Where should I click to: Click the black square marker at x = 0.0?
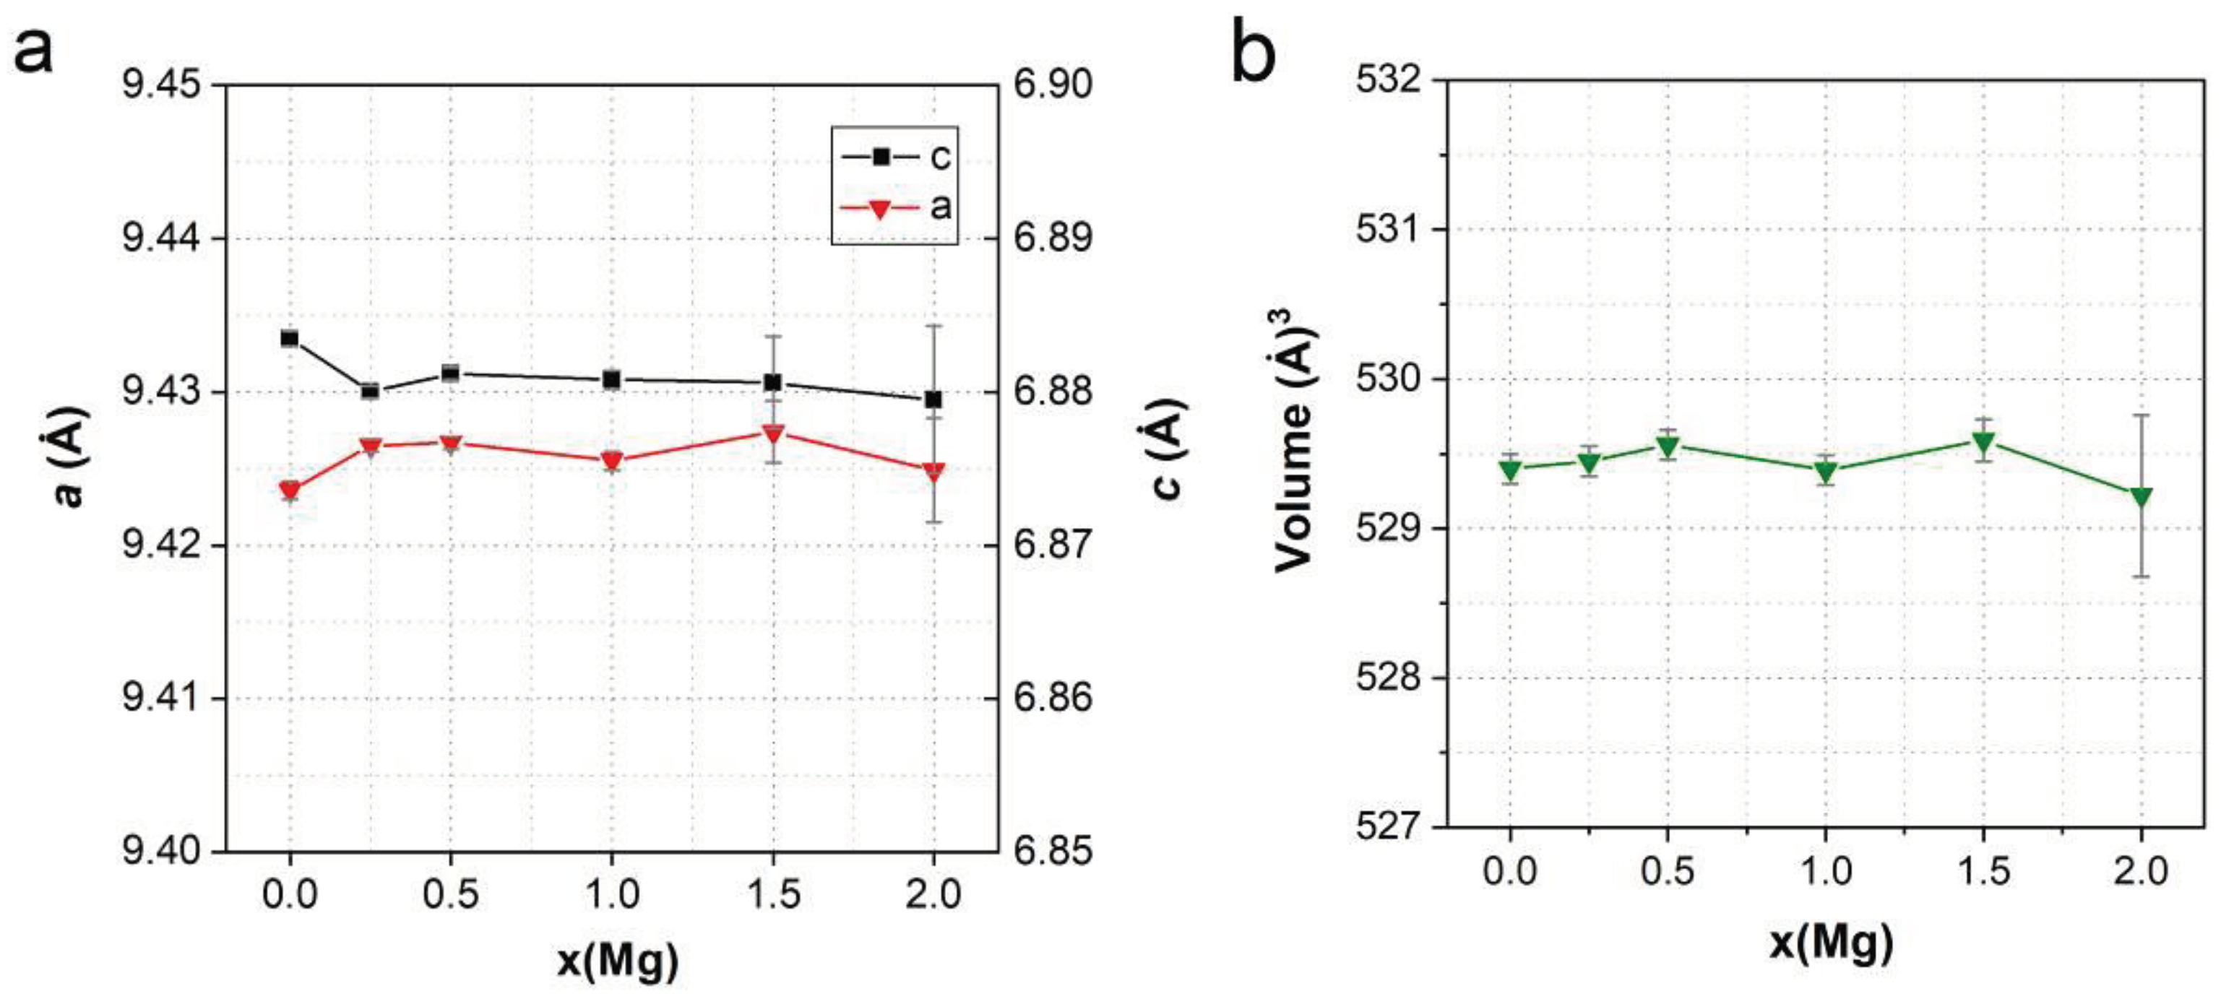coord(290,338)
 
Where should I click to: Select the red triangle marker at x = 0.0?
coord(290,490)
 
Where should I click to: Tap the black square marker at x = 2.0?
coord(933,399)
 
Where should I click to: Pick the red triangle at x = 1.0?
coord(611,460)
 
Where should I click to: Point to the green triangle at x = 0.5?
coord(1668,446)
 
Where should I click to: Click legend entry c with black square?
coord(897,157)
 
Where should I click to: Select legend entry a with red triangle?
coord(897,208)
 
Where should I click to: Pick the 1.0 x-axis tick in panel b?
coord(1825,871)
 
